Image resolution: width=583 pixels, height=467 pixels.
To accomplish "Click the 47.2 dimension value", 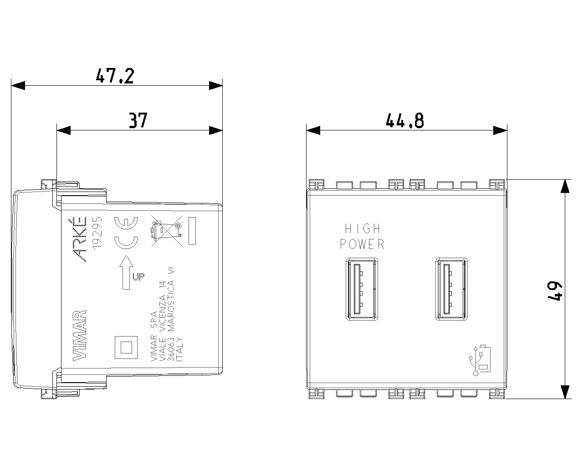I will click(115, 75).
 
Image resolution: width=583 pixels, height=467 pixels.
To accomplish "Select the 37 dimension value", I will click(138, 120).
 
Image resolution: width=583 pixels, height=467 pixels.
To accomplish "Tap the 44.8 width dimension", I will click(404, 121).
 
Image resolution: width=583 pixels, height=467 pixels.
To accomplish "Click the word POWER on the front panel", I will click(363, 244).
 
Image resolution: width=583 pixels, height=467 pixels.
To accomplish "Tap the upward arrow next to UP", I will click(126, 272).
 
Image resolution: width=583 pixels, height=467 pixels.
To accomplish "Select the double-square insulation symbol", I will click(125, 348).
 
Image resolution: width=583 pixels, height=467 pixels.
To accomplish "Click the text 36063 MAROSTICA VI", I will click(171, 315).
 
